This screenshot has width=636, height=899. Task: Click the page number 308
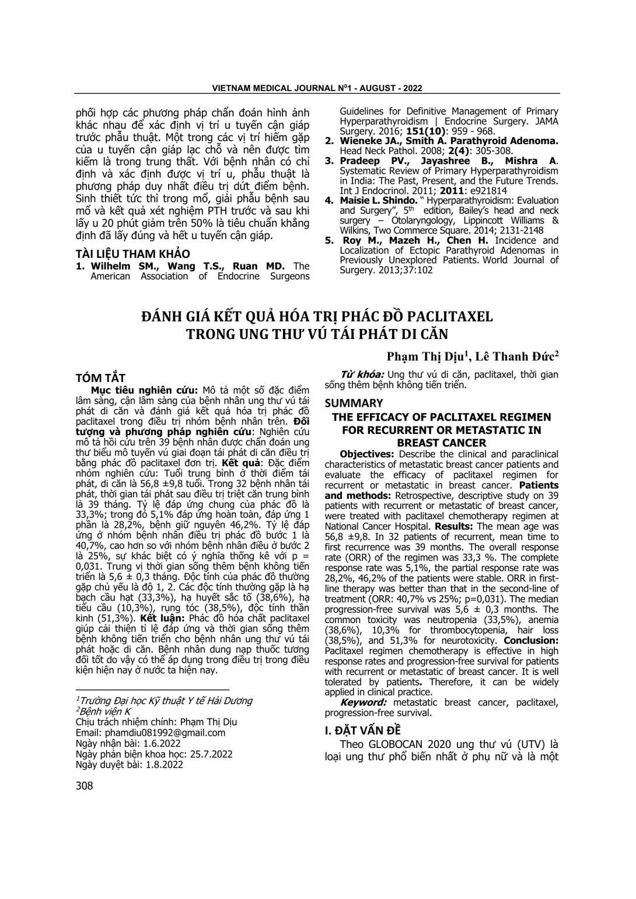[x=85, y=785]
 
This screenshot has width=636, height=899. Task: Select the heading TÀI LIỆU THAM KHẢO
[x=133, y=254]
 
